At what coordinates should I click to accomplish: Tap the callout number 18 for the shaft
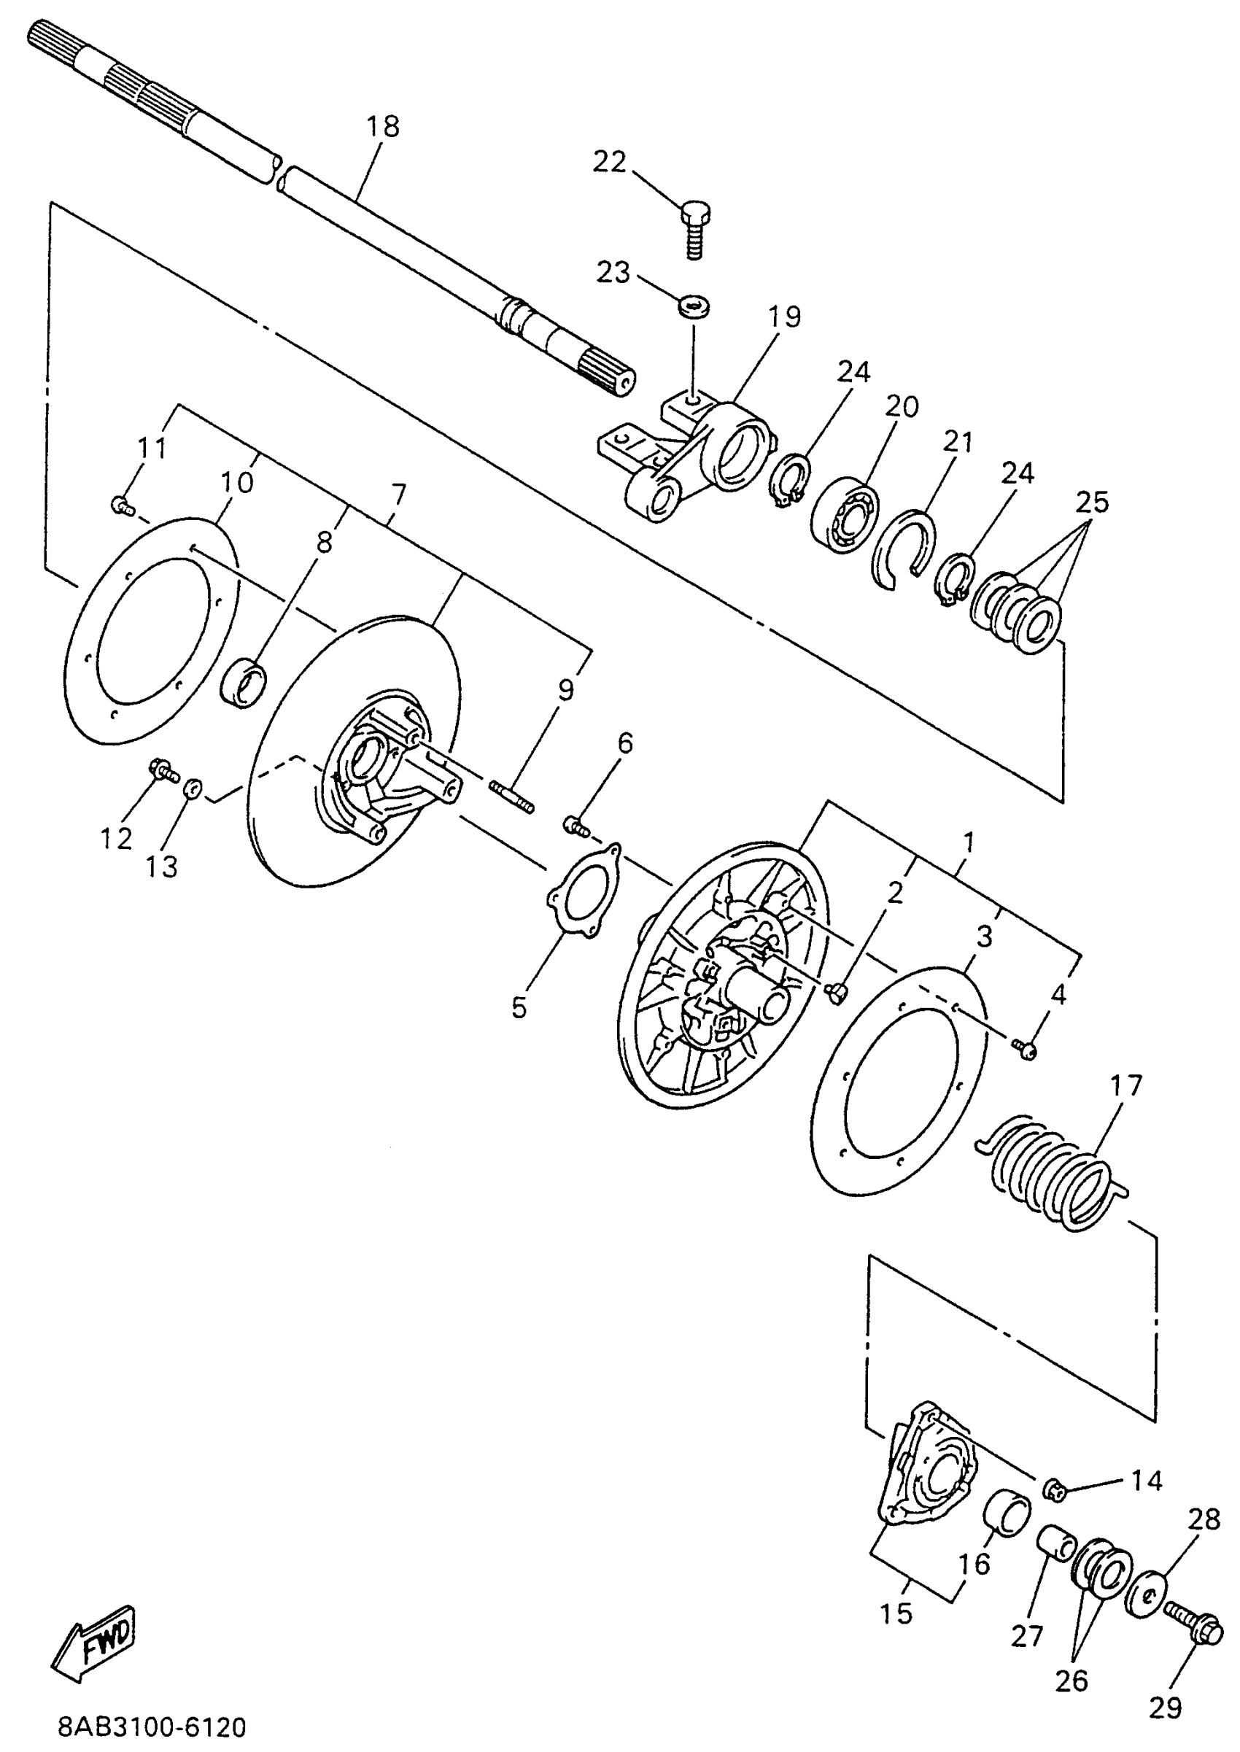382,127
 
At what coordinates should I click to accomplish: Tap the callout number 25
1092,503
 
